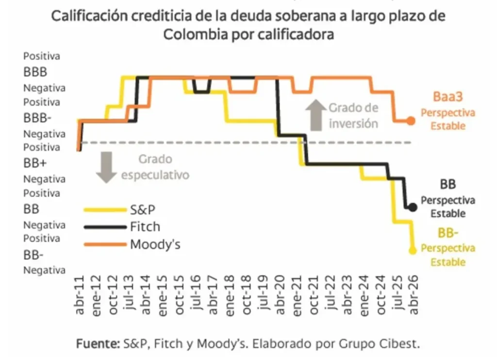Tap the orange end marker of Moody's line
point(411,121)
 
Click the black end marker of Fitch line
point(413,207)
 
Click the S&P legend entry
point(143,210)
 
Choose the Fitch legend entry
point(145,227)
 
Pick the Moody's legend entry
point(155,244)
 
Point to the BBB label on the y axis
point(35,72)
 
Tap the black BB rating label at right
point(448,184)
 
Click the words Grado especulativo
point(155,167)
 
